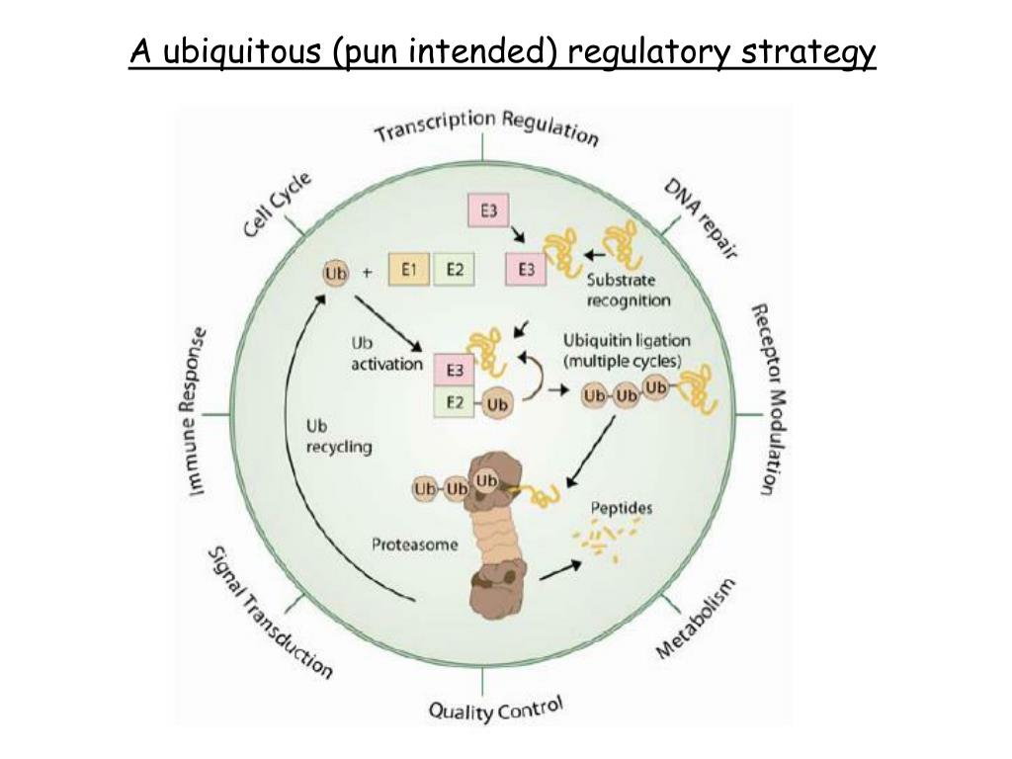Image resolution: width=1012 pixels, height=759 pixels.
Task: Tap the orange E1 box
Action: pyautogui.click(x=407, y=269)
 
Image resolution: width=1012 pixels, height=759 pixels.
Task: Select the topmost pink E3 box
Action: pyautogui.click(x=488, y=211)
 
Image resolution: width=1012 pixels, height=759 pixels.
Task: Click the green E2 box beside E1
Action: pyautogui.click(x=455, y=269)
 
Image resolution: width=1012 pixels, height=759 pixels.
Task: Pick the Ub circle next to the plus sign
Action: pyautogui.click(x=336, y=272)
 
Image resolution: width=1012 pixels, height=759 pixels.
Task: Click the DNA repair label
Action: pyautogui.click(x=699, y=218)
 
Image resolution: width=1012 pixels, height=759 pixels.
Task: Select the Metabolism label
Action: pyautogui.click(x=696, y=620)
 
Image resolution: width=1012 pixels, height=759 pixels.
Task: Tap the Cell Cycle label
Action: pyautogui.click(x=278, y=204)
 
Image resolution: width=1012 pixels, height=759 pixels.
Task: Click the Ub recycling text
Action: pyautogui.click(x=338, y=437)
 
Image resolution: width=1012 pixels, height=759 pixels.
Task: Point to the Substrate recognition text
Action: pyautogui.click(x=629, y=290)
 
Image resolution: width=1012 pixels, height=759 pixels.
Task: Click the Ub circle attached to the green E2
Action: pyautogui.click(x=498, y=404)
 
